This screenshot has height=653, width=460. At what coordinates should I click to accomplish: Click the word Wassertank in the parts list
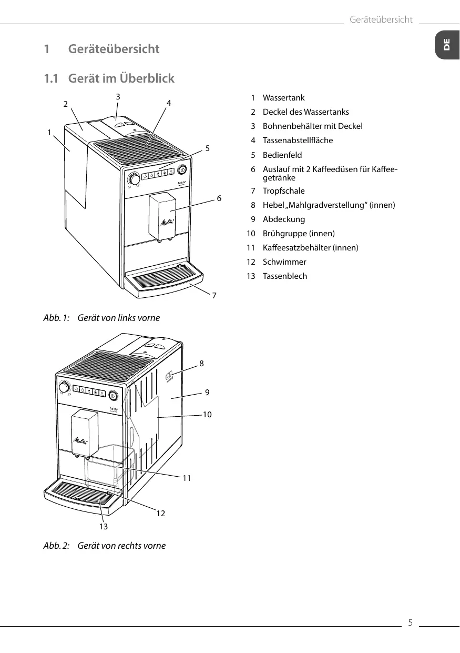(283, 98)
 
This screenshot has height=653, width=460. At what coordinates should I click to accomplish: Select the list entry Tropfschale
(283, 191)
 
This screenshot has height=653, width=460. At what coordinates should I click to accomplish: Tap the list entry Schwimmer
(284, 262)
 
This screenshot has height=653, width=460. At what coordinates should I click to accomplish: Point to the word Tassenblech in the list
(285, 276)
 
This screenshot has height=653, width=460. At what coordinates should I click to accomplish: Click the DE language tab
(446, 45)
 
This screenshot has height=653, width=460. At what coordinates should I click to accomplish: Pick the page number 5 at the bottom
(411, 623)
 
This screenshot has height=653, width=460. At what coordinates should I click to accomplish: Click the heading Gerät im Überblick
(121, 78)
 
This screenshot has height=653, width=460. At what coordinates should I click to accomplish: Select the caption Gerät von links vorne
(118, 318)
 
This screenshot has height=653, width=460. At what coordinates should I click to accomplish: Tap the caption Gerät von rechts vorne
(121, 546)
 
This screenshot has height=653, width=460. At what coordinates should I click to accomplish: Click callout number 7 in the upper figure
(214, 296)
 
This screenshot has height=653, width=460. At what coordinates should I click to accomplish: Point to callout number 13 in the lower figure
(103, 526)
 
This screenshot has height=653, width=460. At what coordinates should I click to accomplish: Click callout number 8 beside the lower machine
(201, 363)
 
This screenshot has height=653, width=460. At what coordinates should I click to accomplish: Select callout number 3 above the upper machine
(118, 96)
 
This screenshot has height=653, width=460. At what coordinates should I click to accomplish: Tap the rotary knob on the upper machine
(135, 179)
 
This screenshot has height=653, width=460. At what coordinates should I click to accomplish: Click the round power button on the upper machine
(182, 169)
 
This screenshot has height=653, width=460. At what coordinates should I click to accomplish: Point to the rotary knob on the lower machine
(64, 388)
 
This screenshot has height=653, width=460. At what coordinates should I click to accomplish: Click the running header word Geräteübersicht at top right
(381, 20)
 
